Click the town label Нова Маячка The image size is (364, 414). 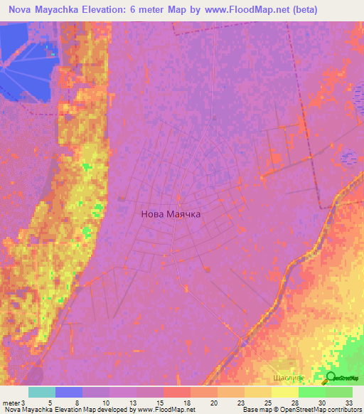171,213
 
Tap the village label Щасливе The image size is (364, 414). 289,378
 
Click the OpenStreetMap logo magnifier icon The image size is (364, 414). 330,378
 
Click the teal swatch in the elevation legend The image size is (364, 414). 42,392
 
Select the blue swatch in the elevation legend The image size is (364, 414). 69,392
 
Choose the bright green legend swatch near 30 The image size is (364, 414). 311,392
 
